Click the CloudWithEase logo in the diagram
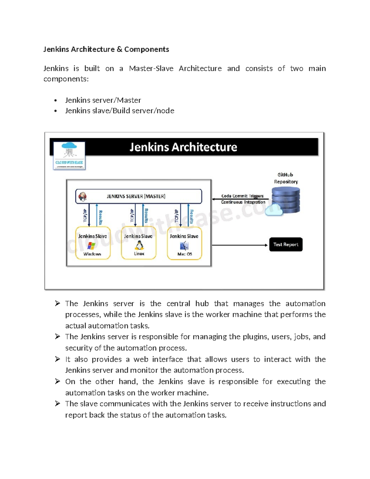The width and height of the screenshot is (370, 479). coord(69,155)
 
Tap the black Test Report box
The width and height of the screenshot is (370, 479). coord(286,244)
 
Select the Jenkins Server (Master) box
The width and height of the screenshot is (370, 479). coord(139,196)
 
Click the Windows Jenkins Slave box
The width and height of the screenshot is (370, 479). coord(92,243)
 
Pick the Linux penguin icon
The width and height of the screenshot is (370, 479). coord(139,245)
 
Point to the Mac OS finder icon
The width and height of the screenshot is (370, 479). coord(184,246)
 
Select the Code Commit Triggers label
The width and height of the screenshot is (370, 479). coord(242,196)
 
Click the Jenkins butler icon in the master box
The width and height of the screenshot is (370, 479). coord(83,196)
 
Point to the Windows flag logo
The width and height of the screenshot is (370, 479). coord(91,246)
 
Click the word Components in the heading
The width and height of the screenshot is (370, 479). coord(146,49)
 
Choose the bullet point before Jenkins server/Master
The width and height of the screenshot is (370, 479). coord(55,101)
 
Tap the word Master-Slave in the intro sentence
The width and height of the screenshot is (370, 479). coord(151,68)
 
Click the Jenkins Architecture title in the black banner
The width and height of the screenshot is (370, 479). coord(183,147)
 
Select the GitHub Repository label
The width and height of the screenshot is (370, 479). coord(286,178)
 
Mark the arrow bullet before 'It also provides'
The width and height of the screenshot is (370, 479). coord(57,359)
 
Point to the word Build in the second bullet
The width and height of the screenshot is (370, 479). coord(121,111)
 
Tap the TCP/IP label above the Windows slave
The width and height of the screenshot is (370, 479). coord(85,215)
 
